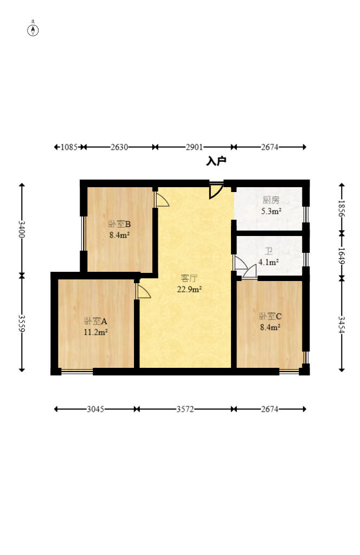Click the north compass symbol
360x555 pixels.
(33, 30)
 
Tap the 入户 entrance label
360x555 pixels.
(216, 162)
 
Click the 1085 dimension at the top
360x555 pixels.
(69, 147)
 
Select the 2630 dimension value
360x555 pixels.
(119, 147)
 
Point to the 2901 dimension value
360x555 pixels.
(194, 147)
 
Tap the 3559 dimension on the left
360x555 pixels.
(22, 323)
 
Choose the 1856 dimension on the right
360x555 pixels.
(341, 208)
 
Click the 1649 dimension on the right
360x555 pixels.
(341, 256)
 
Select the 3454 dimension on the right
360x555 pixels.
(341, 324)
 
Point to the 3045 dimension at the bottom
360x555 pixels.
(95, 409)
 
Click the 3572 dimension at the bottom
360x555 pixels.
(185, 409)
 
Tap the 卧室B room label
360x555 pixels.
(119, 224)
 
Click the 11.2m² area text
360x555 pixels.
(95, 333)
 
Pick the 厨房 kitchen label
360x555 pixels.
(271, 200)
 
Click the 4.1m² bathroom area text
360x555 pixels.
(268, 262)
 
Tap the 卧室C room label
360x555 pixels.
(270, 316)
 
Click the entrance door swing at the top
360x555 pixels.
(216, 190)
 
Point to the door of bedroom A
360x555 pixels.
(143, 291)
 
